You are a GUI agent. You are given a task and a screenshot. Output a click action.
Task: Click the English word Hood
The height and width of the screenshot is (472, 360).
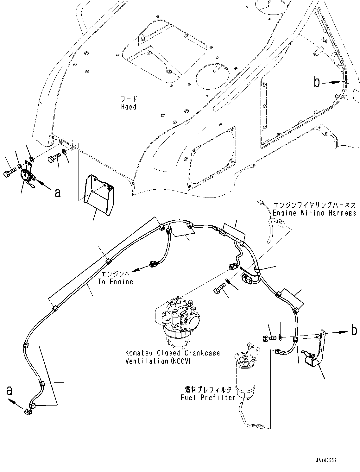(x=129, y=107)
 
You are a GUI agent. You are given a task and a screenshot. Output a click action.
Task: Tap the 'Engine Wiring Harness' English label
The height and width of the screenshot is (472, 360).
(x=314, y=213)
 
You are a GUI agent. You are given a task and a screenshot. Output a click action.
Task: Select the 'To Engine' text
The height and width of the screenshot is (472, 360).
(x=115, y=282)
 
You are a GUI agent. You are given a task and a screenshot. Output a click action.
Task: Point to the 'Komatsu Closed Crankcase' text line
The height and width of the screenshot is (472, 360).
(x=172, y=353)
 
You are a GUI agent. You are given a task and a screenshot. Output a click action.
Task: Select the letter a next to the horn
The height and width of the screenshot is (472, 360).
(x=57, y=192)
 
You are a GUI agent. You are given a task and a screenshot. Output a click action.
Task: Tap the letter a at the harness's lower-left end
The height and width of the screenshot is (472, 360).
(x=9, y=390)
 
